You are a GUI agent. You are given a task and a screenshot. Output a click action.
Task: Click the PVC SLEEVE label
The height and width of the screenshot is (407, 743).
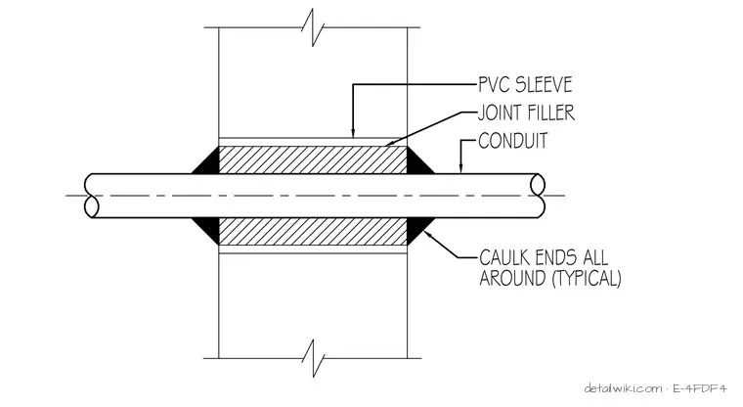[525, 85]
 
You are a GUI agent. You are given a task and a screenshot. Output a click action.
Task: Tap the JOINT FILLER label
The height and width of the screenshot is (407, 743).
[526, 113]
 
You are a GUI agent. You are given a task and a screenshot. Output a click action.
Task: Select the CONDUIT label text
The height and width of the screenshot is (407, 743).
[512, 141]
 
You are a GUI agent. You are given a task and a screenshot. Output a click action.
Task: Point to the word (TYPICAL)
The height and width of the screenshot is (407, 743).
[587, 279]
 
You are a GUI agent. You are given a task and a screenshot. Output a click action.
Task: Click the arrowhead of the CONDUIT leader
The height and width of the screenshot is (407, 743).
[460, 168]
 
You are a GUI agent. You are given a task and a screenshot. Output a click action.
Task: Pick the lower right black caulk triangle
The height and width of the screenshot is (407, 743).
[418, 229]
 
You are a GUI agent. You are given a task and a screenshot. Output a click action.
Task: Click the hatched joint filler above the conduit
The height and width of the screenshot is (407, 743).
[313, 159]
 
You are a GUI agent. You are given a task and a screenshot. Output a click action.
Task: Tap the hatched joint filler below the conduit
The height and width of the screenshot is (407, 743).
[313, 232]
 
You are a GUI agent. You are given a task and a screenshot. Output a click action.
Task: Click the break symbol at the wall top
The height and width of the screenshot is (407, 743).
[313, 27]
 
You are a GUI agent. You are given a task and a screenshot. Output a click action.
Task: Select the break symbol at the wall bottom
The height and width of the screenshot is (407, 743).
[313, 358]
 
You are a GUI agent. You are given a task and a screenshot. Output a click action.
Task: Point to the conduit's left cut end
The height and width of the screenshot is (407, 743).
[92, 196]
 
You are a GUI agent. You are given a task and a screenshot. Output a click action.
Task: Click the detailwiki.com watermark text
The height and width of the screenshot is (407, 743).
[624, 389]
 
